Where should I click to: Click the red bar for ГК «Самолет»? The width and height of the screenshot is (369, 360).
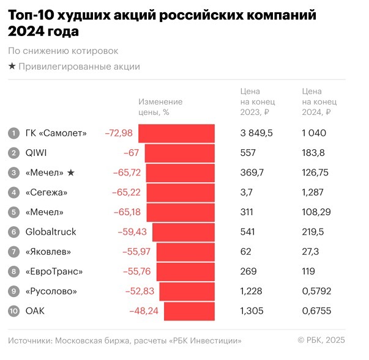tap(176, 133)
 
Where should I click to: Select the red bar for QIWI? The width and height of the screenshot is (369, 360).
tap(179, 153)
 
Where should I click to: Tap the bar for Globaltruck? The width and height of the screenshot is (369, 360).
tap(184, 232)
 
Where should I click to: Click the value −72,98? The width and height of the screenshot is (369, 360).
tap(119, 133)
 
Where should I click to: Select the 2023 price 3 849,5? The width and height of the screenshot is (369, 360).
tap(256, 133)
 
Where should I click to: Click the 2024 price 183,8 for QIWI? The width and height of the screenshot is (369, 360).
tap(315, 153)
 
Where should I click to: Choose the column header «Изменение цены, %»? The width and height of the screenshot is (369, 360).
tap(160, 107)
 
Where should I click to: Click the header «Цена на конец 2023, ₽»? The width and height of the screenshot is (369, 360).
tap(258, 101)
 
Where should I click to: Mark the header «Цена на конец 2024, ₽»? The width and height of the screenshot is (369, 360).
tap(319, 101)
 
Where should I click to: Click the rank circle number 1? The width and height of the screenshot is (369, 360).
tap(13, 133)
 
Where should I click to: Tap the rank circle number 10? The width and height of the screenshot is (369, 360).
tap(13, 310)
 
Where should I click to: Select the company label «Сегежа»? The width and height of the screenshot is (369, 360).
tap(47, 193)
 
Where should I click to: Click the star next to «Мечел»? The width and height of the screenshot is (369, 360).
tap(71, 173)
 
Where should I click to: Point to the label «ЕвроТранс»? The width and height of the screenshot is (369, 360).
tap(54, 271)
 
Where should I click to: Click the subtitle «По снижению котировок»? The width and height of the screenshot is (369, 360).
tap(63, 51)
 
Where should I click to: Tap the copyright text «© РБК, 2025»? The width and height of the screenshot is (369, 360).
tap(321, 340)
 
